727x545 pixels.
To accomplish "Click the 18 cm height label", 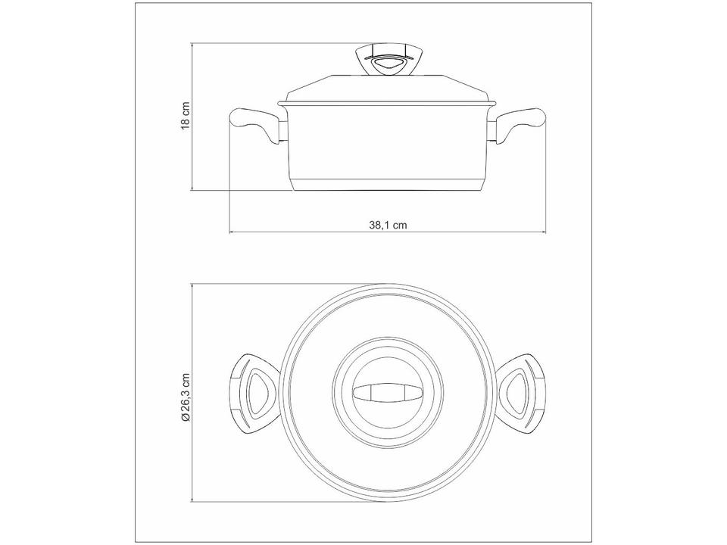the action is [x=185, y=115].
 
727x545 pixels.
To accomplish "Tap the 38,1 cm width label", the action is [x=388, y=226].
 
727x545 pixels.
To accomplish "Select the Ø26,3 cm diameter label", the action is [x=186, y=397].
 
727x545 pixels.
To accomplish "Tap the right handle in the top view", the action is [x=521, y=393].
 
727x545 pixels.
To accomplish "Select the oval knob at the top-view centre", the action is [x=388, y=393].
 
